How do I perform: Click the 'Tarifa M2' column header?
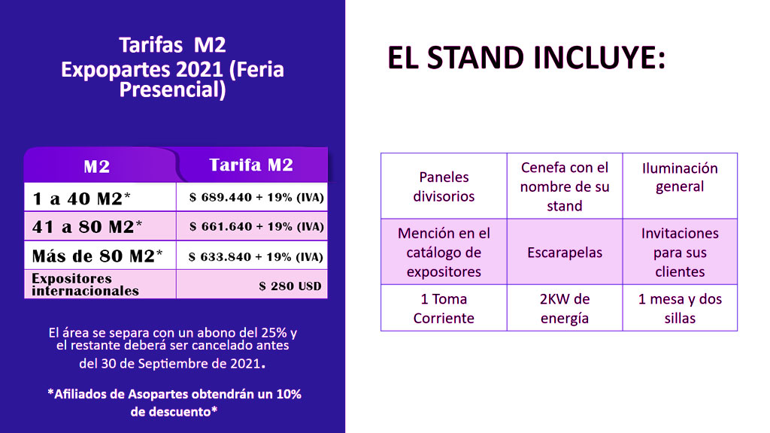tap(251, 165)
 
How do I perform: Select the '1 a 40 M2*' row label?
tap(81, 198)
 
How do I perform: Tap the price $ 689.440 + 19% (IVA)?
tap(256, 198)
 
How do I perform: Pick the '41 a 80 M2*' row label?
tap(87, 227)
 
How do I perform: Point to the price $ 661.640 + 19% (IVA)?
tap(256, 227)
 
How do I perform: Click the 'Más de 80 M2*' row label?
tap(97, 256)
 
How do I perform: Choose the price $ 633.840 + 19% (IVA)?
tap(256, 257)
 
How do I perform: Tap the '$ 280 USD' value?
tap(290, 286)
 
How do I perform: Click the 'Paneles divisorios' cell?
tap(444, 186)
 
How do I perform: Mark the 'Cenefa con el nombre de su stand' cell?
tap(565, 186)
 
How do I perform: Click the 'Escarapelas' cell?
tap(565, 253)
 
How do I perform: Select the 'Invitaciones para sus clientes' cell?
tap(680, 253)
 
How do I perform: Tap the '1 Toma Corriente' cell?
tap(444, 308)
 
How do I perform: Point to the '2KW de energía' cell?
tap(565, 308)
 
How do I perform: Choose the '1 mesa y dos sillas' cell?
tap(680, 308)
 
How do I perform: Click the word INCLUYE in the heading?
tap(599, 58)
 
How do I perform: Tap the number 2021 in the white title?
tap(199, 69)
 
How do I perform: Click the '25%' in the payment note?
tap(273, 333)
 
